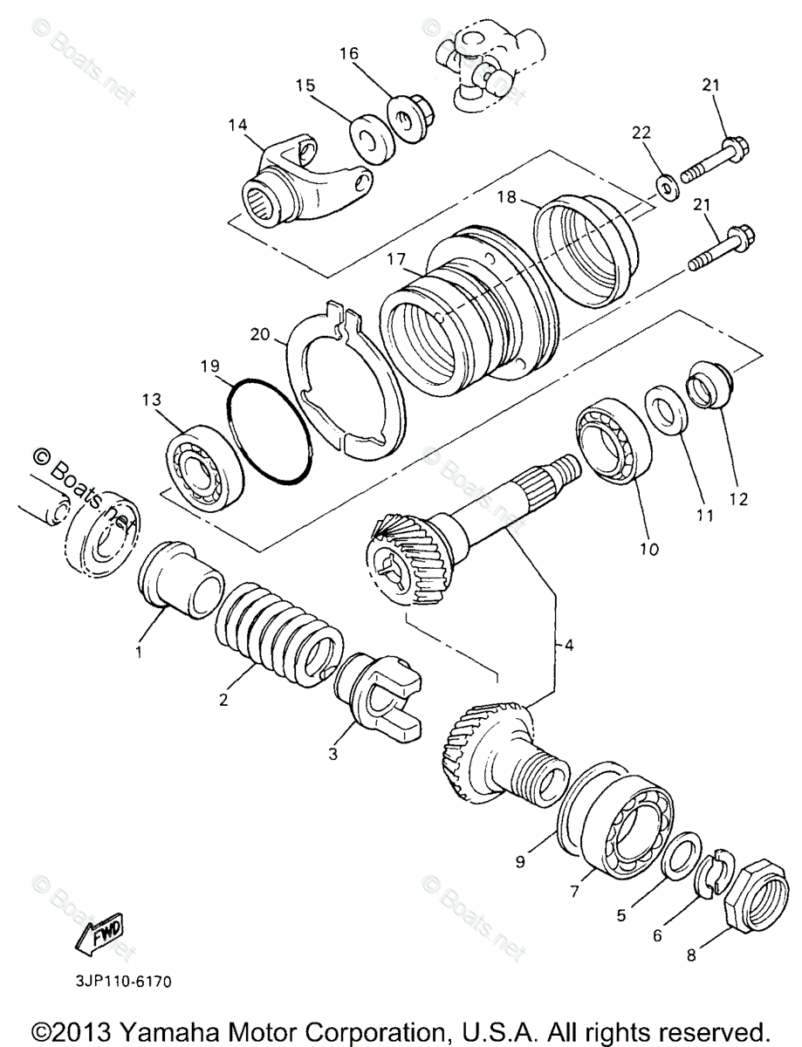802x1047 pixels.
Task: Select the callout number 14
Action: [238, 125]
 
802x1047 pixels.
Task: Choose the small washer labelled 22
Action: [668, 187]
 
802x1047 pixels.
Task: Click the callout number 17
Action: [396, 258]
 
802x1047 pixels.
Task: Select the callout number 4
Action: [568, 647]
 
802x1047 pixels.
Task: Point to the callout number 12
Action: [739, 499]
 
